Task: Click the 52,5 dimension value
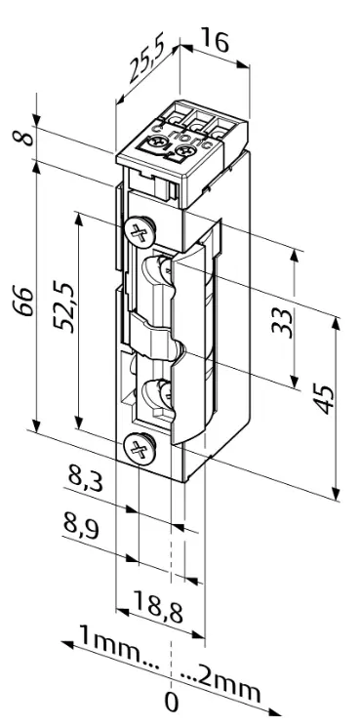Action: [x=62, y=309]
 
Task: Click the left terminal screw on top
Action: [x=156, y=145]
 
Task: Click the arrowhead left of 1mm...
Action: [x=65, y=645]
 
